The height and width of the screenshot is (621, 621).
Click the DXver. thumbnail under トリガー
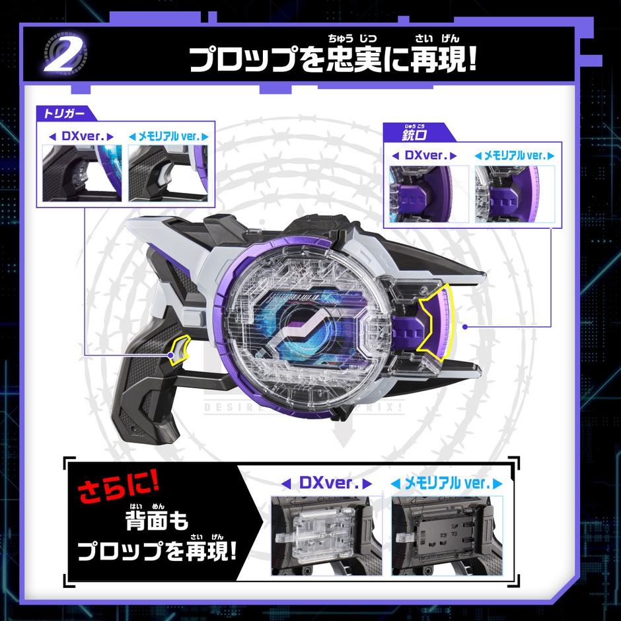coord(81,173)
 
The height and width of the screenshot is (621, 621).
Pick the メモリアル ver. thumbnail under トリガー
coord(168,173)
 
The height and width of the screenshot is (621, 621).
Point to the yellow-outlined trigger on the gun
coord(178,349)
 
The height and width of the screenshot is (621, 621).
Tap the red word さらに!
coord(121,490)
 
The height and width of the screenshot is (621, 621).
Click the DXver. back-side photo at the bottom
coord(326,536)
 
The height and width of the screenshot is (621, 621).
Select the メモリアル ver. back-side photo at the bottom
coord(447,536)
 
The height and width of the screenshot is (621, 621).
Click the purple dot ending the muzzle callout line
coord(465,326)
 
